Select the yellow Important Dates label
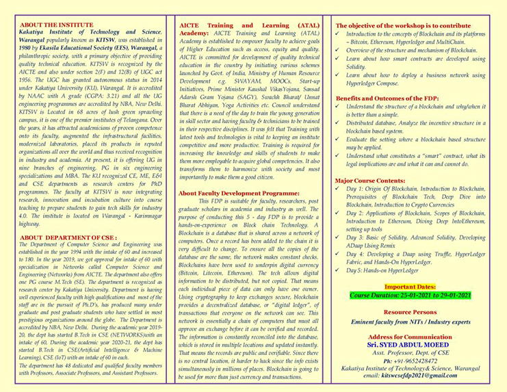point(410,267)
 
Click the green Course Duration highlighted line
point(410,276)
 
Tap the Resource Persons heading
point(410,293)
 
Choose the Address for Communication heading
point(410,317)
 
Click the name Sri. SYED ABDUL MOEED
point(410,326)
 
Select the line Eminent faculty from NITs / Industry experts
point(410,301)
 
